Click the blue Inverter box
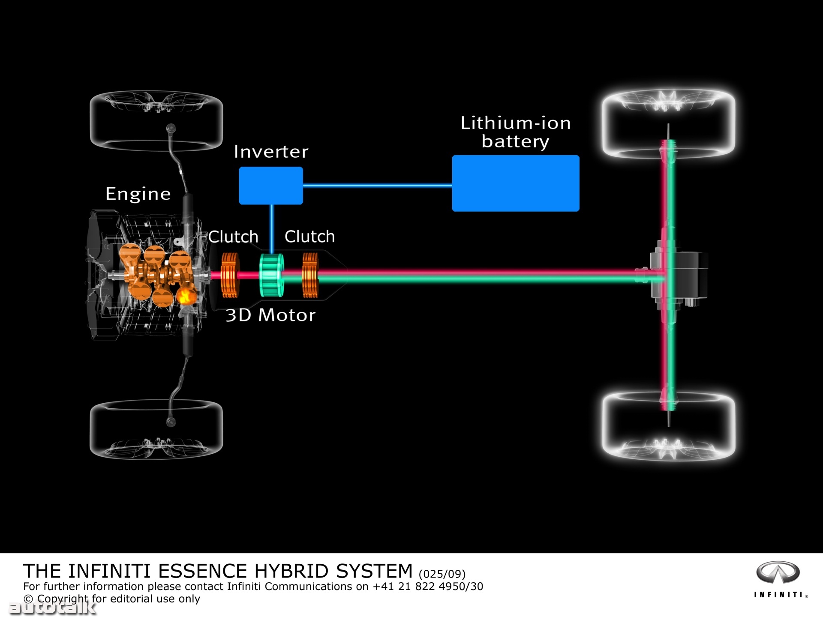pos(271,186)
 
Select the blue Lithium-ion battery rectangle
pos(515,183)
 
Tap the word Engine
pos(138,194)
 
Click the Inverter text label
pos(271,152)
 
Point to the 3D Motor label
pos(270,315)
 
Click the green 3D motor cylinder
pos(271,275)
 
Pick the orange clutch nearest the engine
pos(229,275)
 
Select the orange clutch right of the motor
pos(310,275)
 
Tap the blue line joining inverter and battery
pos(377,186)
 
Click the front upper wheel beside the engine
pos(156,121)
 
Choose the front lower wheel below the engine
pos(156,429)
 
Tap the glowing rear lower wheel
pos(668,426)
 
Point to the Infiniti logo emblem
pos(778,572)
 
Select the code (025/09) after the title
pos(442,574)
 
